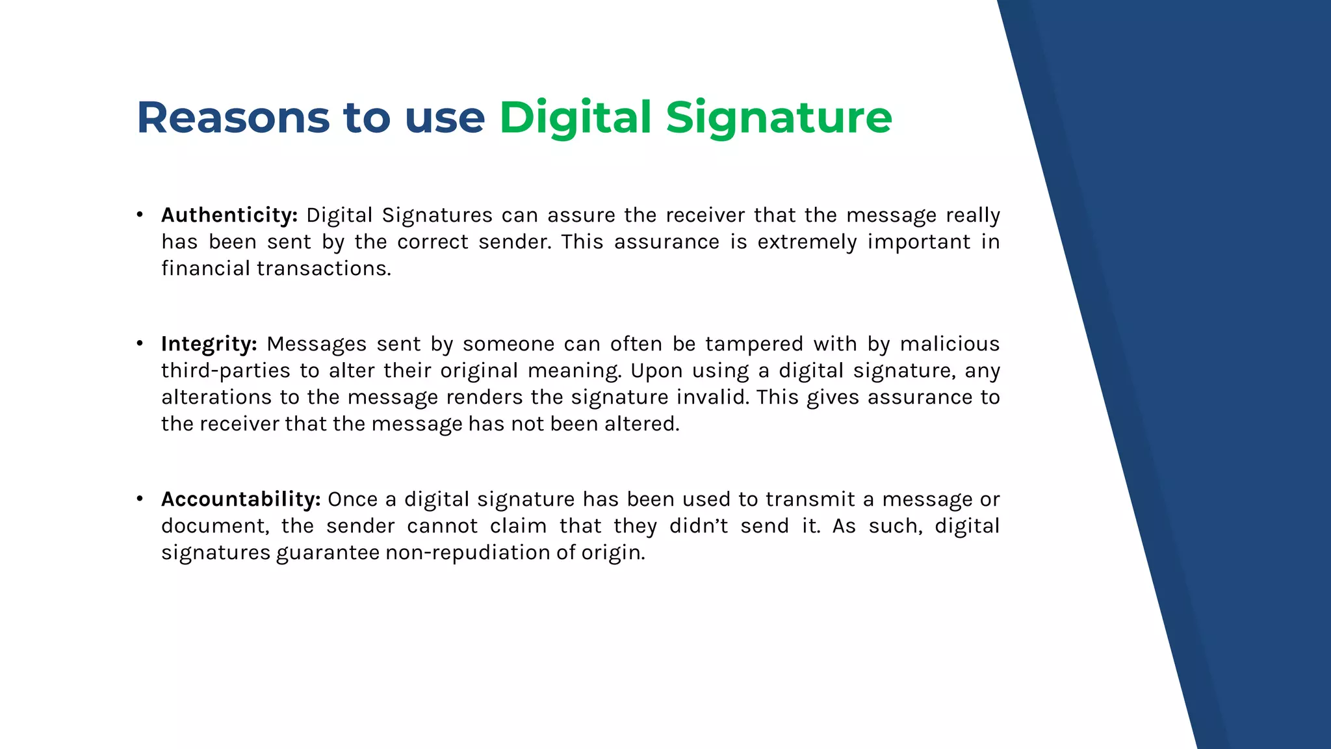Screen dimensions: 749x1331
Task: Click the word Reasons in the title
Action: coord(233,118)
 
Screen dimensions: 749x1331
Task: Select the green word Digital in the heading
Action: coord(575,118)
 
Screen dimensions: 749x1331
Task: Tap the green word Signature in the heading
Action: coord(779,118)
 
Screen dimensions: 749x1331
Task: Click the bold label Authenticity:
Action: coord(229,215)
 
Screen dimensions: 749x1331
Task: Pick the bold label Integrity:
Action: coord(209,344)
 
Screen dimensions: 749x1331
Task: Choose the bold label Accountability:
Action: coord(241,499)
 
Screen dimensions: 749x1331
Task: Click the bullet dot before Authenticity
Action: coord(140,215)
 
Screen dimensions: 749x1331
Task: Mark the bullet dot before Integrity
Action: coord(140,343)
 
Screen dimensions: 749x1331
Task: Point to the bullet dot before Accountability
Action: coord(140,499)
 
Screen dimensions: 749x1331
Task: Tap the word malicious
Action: coord(950,344)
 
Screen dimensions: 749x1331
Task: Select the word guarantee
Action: coord(328,553)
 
